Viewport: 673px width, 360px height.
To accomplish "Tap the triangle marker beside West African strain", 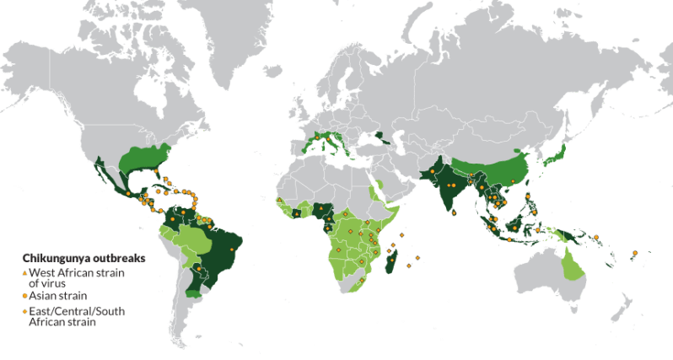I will tap(24, 272).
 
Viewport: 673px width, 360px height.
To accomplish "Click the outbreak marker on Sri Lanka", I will tap(454, 213).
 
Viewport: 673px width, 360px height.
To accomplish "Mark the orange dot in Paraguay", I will tap(200, 271).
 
